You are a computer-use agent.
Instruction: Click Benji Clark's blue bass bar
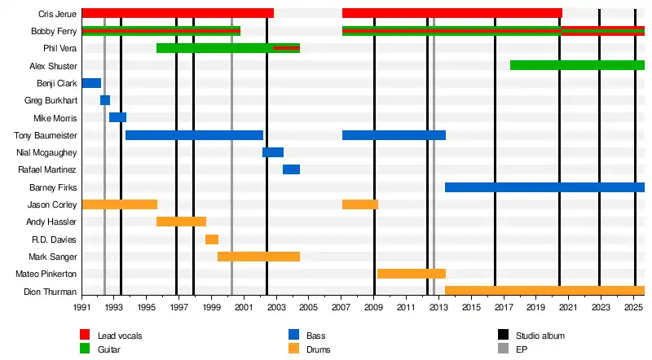point(91,83)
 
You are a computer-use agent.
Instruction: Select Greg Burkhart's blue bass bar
point(105,100)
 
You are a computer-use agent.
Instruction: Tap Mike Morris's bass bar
point(117,117)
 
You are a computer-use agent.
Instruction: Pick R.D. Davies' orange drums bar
point(212,239)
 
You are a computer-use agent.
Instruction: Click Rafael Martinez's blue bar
point(291,169)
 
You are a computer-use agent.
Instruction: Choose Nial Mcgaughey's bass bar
point(273,152)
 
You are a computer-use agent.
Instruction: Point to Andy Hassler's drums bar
point(181,222)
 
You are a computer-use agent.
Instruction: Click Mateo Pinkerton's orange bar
point(411,274)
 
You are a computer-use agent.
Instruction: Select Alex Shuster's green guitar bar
point(577,65)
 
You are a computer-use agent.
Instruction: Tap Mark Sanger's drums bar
point(258,257)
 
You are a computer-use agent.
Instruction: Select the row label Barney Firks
point(53,187)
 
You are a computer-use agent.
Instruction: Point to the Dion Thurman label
point(51,292)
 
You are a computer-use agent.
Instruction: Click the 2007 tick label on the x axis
point(341,308)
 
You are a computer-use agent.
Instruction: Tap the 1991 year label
point(82,308)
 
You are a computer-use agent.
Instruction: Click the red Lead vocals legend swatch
point(85,336)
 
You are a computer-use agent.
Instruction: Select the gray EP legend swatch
point(503,350)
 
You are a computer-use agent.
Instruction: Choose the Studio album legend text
point(540,336)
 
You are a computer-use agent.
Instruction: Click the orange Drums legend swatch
point(294,350)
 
